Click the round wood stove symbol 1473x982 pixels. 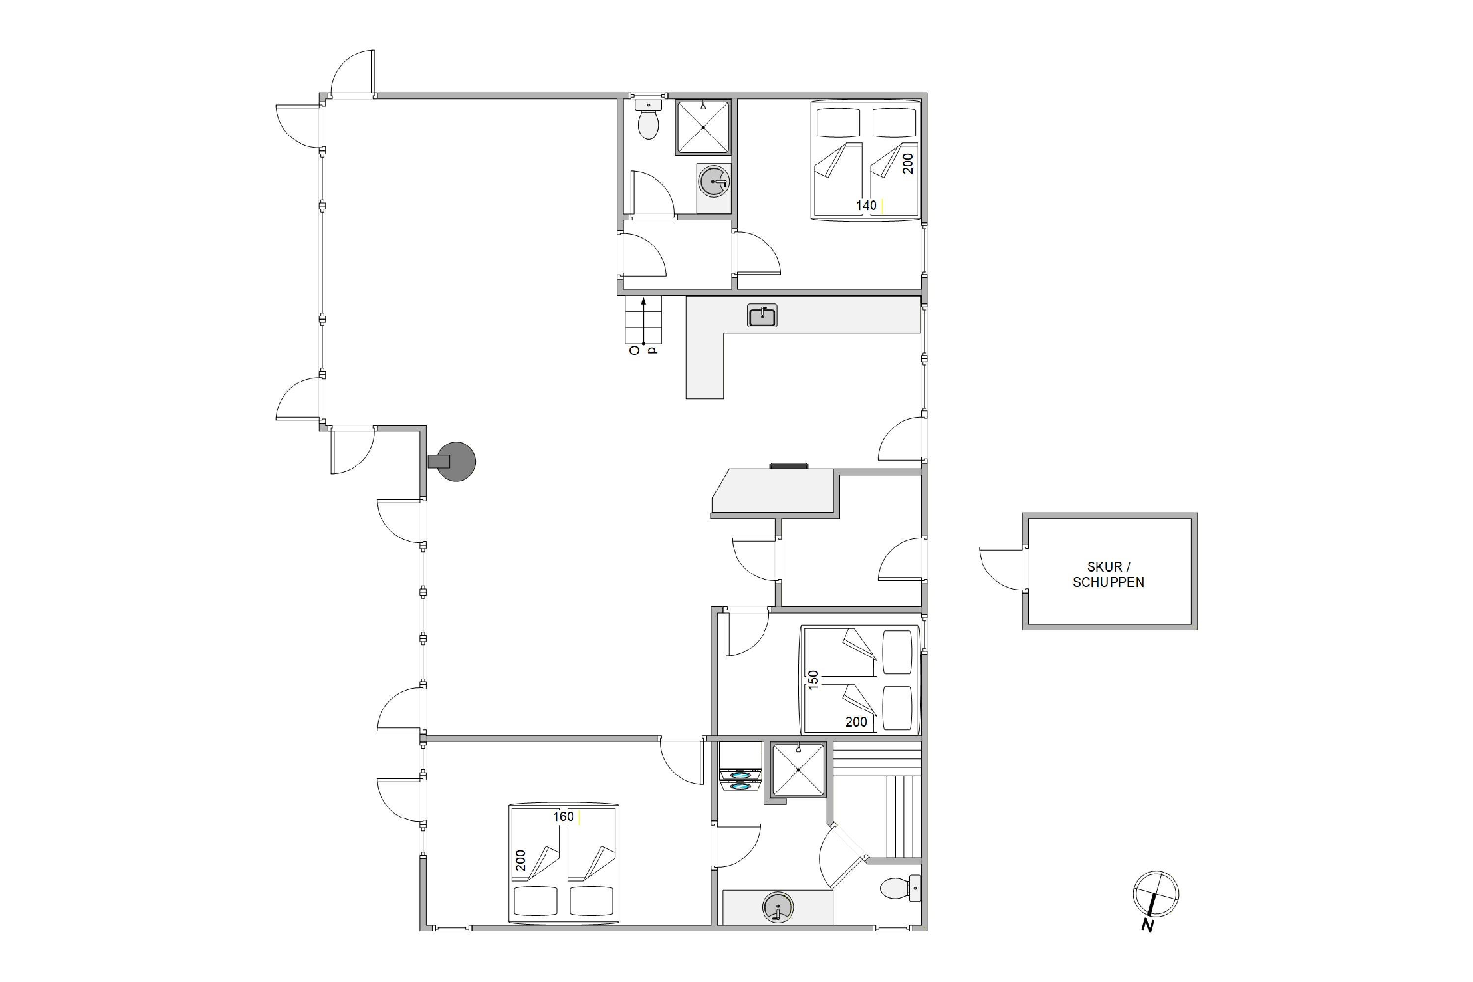pos(452,462)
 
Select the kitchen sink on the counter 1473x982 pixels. pos(762,316)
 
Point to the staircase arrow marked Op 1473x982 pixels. pos(643,323)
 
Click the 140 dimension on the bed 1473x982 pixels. pos(866,205)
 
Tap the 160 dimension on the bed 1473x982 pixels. pos(563,817)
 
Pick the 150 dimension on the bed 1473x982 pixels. pos(813,680)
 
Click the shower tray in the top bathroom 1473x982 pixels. pos(703,127)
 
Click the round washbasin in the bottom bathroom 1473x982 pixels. pos(778,907)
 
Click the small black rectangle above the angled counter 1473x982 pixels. pos(789,466)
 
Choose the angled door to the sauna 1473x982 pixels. pos(843,857)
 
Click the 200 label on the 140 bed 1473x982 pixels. pos(908,164)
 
